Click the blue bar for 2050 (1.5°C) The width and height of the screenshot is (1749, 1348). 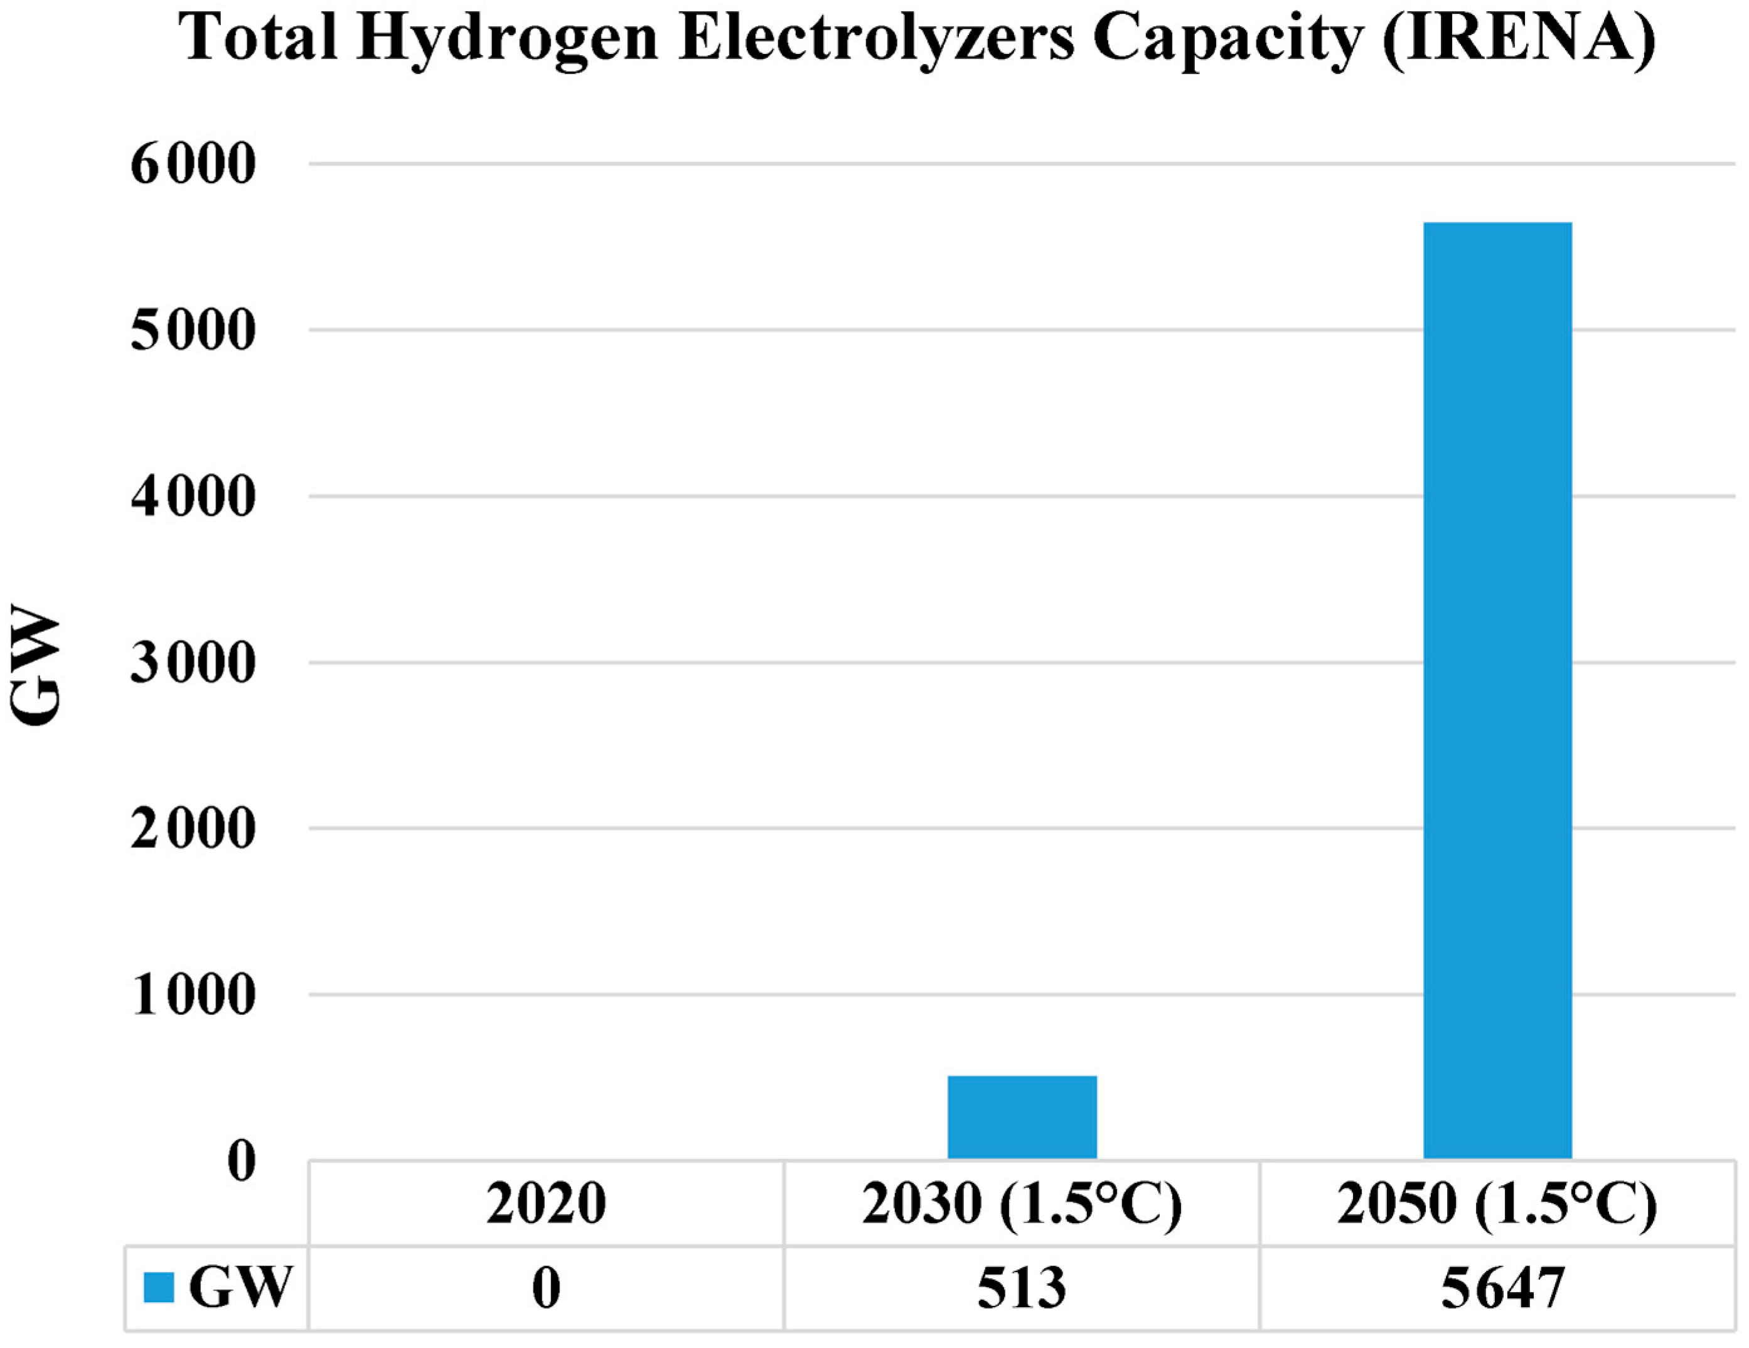(1497, 689)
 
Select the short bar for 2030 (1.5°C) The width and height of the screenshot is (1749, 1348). (1022, 1116)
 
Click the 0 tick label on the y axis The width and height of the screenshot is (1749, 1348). (241, 1162)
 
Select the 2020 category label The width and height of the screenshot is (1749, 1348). (545, 1204)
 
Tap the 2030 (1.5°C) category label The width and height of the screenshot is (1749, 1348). (1021, 1204)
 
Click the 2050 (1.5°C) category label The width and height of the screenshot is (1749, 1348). (1497, 1204)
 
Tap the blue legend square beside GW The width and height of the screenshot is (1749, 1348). (159, 1288)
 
